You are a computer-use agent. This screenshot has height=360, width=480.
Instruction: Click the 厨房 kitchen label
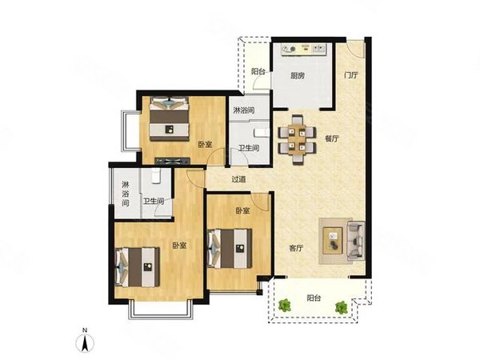pos(298,76)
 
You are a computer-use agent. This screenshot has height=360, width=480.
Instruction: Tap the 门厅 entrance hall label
pos(351,75)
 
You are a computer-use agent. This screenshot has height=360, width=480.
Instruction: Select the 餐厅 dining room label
pos(332,138)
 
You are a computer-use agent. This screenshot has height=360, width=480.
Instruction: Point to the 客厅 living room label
pos(296,248)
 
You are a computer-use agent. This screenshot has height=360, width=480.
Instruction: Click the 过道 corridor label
pos(238,179)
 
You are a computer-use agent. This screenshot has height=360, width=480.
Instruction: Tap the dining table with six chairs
pos(297,139)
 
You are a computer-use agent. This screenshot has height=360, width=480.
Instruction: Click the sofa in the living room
pos(356,241)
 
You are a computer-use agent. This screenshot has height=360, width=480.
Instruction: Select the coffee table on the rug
pos(333,240)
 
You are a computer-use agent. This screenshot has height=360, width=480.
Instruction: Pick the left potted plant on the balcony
pos(285,305)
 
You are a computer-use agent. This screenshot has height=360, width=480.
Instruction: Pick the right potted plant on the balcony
pos(341,307)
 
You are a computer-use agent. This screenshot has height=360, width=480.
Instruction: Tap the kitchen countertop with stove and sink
pos(304,50)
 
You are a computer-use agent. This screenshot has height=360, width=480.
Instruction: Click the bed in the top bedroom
pos(169,118)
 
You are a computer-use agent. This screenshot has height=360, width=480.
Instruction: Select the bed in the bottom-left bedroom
pos(138,267)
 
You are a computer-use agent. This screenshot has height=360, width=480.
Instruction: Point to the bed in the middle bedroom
pos(230,249)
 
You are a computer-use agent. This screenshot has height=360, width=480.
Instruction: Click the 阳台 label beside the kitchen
pos(258,72)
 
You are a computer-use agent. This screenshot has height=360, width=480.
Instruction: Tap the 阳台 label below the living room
pos(314,298)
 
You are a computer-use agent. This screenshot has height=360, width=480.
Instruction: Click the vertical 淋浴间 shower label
pos(126,194)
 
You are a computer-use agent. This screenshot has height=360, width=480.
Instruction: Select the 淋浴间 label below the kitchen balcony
pos(244,110)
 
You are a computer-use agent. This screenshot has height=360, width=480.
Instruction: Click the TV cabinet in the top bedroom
pos(173,161)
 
